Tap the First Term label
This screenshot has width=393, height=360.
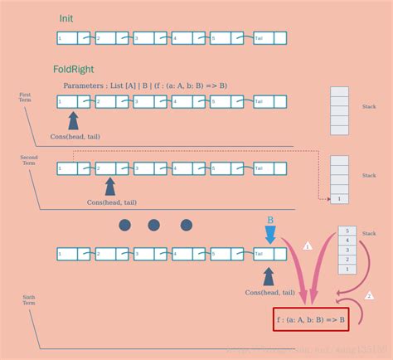[25, 98]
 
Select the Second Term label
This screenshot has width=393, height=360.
[29, 159]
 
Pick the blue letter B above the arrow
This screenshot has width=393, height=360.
[269, 219]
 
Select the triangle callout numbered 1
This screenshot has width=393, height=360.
[308, 246]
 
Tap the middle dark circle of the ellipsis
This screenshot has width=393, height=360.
[154, 224]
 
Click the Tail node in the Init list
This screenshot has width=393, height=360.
[263, 38]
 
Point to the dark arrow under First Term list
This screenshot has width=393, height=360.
[74, 120]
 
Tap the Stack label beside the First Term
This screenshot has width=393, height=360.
[370, 107]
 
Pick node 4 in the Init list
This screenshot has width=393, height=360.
[183, 38]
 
